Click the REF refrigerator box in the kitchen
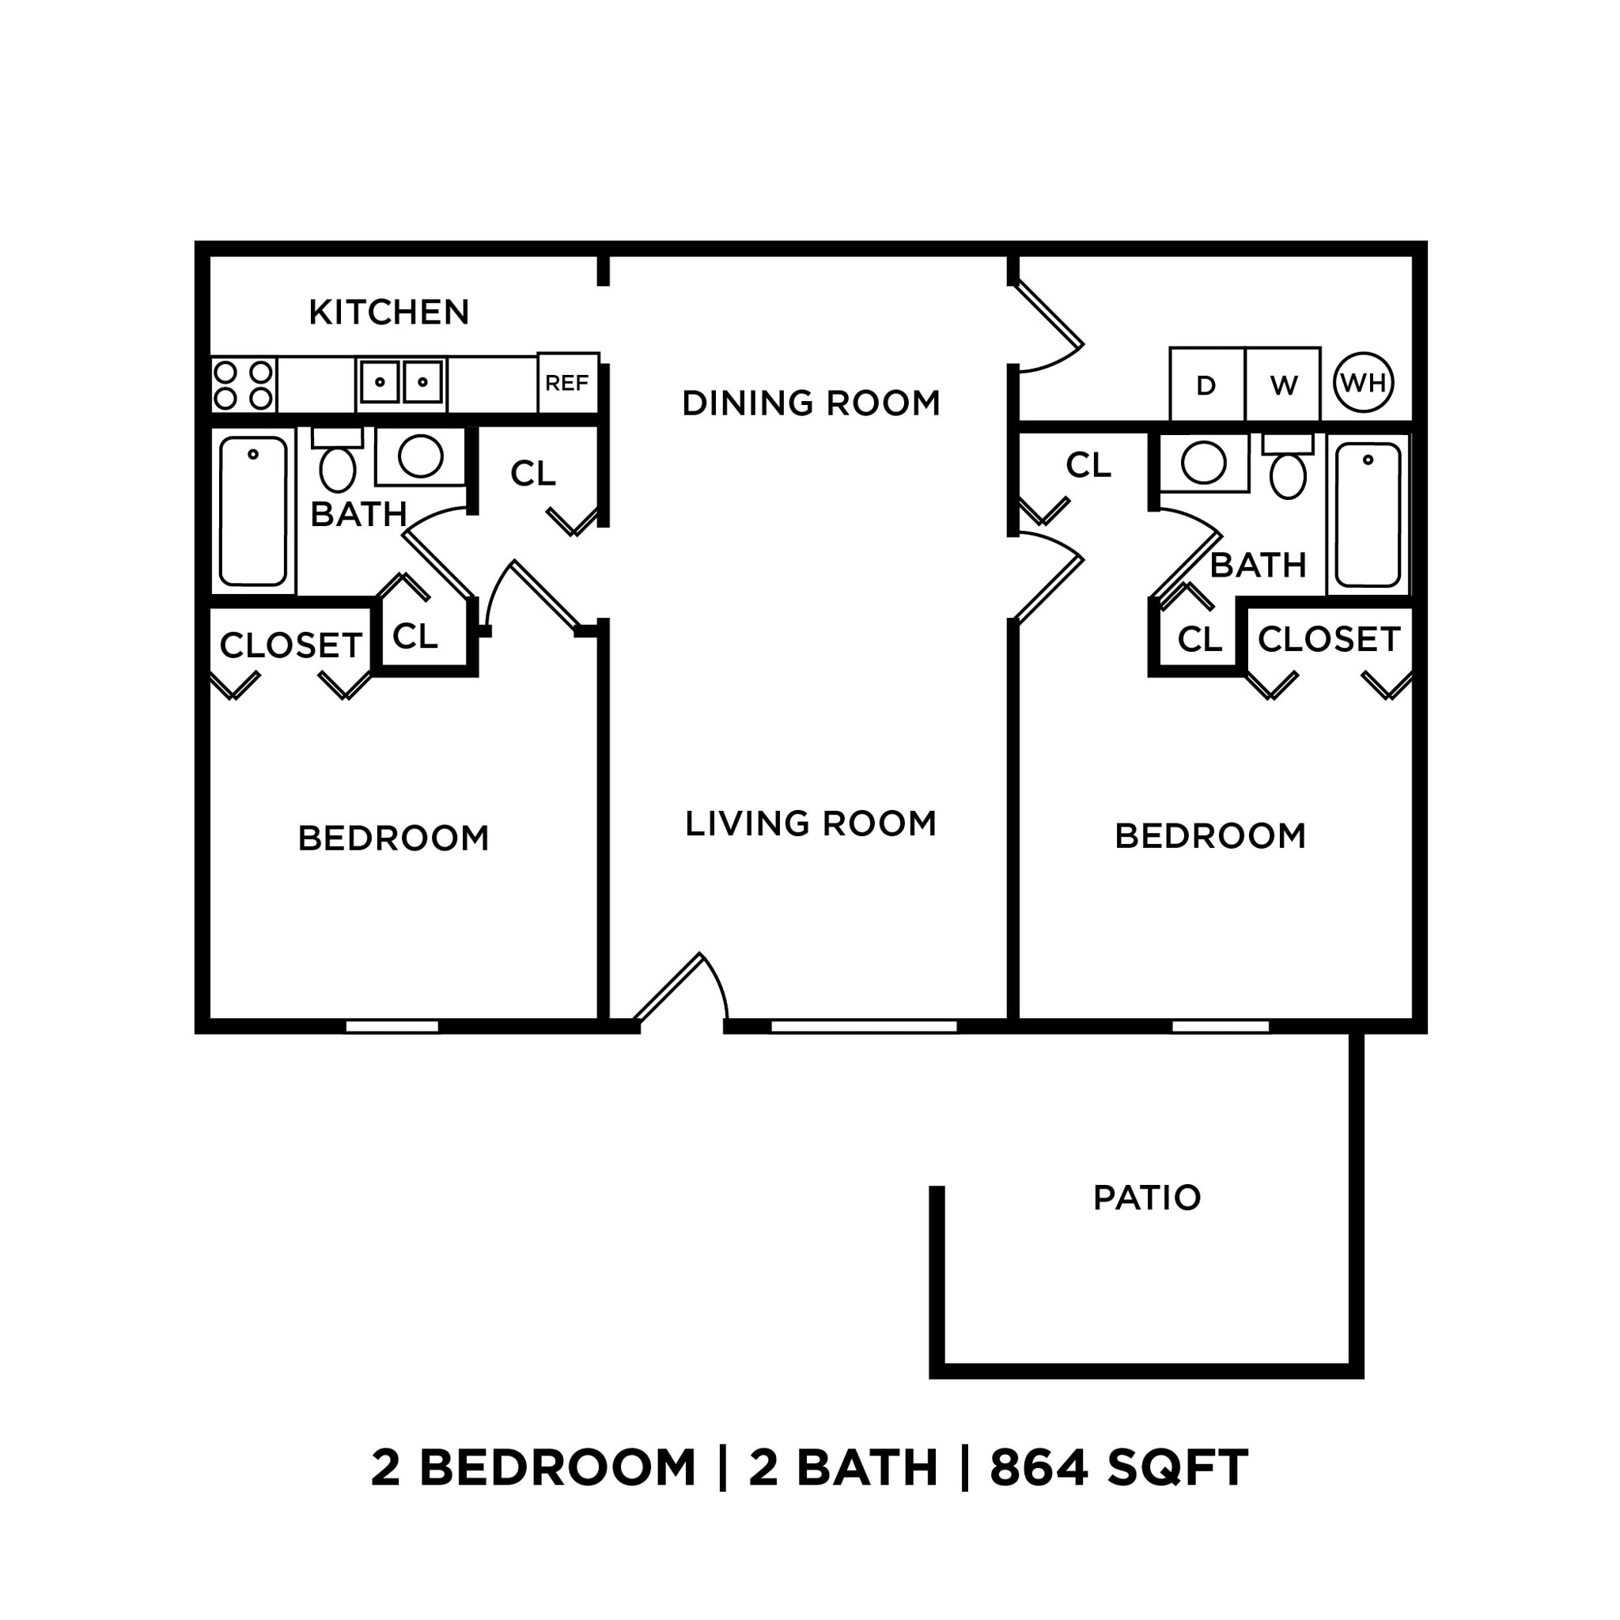coord(568,382)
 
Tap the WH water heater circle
coord(1363,382)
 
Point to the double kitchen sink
coord(401,382)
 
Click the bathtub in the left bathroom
coord(252,511)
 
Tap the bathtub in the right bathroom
coord(1368,515)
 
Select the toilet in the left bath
coord(337,464)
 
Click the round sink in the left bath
coord(420,456)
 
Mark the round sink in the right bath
coord(1203,462)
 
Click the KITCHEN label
coord(389,312)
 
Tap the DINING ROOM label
coord(811,403)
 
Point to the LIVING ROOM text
coord(811,823)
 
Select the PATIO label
coord(1147,1198)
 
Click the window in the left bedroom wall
coord(392,1026)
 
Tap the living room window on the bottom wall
coord(864,1026)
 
